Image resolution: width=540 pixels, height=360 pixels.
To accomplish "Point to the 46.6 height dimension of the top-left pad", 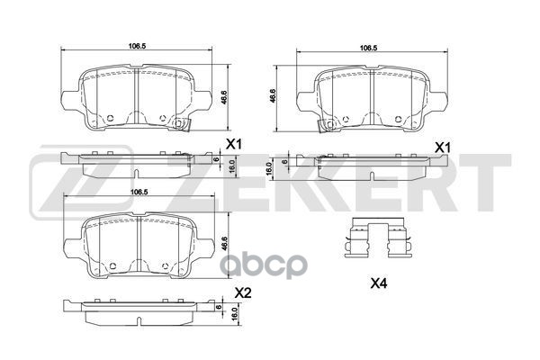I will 224,93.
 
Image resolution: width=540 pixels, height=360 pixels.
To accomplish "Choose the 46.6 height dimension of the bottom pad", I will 224,244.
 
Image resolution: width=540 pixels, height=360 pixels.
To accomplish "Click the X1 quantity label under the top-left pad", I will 235,144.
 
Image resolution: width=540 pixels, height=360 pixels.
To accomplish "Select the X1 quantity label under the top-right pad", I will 443,147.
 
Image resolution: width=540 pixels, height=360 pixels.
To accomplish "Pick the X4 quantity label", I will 381,285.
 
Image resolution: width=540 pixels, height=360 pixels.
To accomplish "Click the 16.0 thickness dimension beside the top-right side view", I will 269,168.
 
